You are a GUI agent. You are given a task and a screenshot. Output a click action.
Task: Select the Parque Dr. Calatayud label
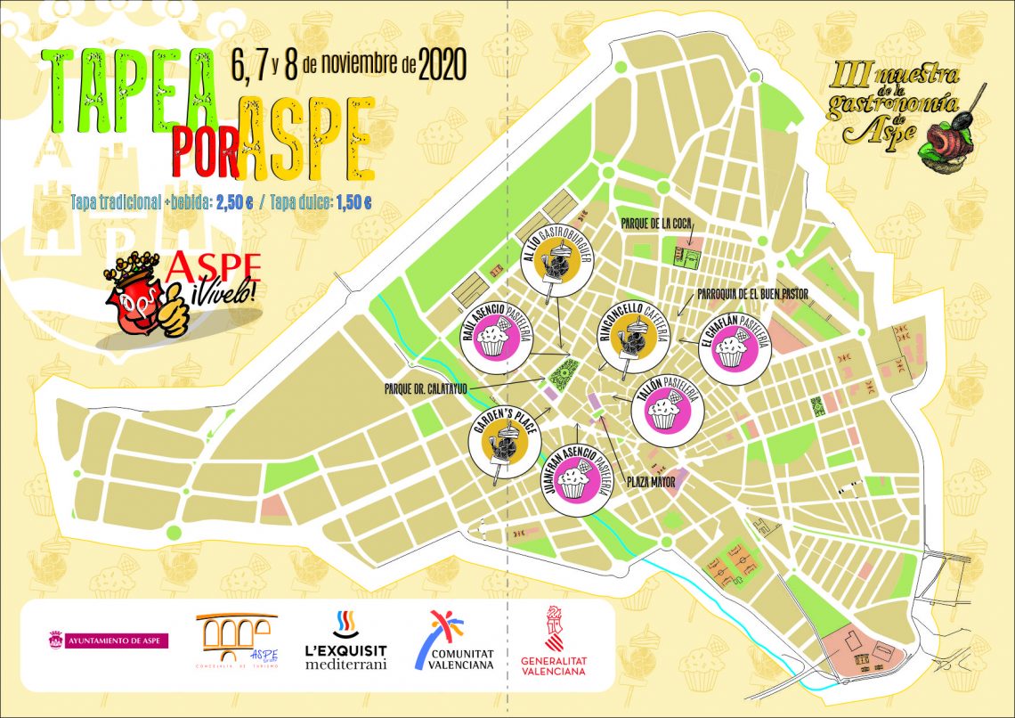tap(426, 388)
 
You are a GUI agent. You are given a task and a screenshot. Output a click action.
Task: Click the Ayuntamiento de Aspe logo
tap(109, 640)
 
